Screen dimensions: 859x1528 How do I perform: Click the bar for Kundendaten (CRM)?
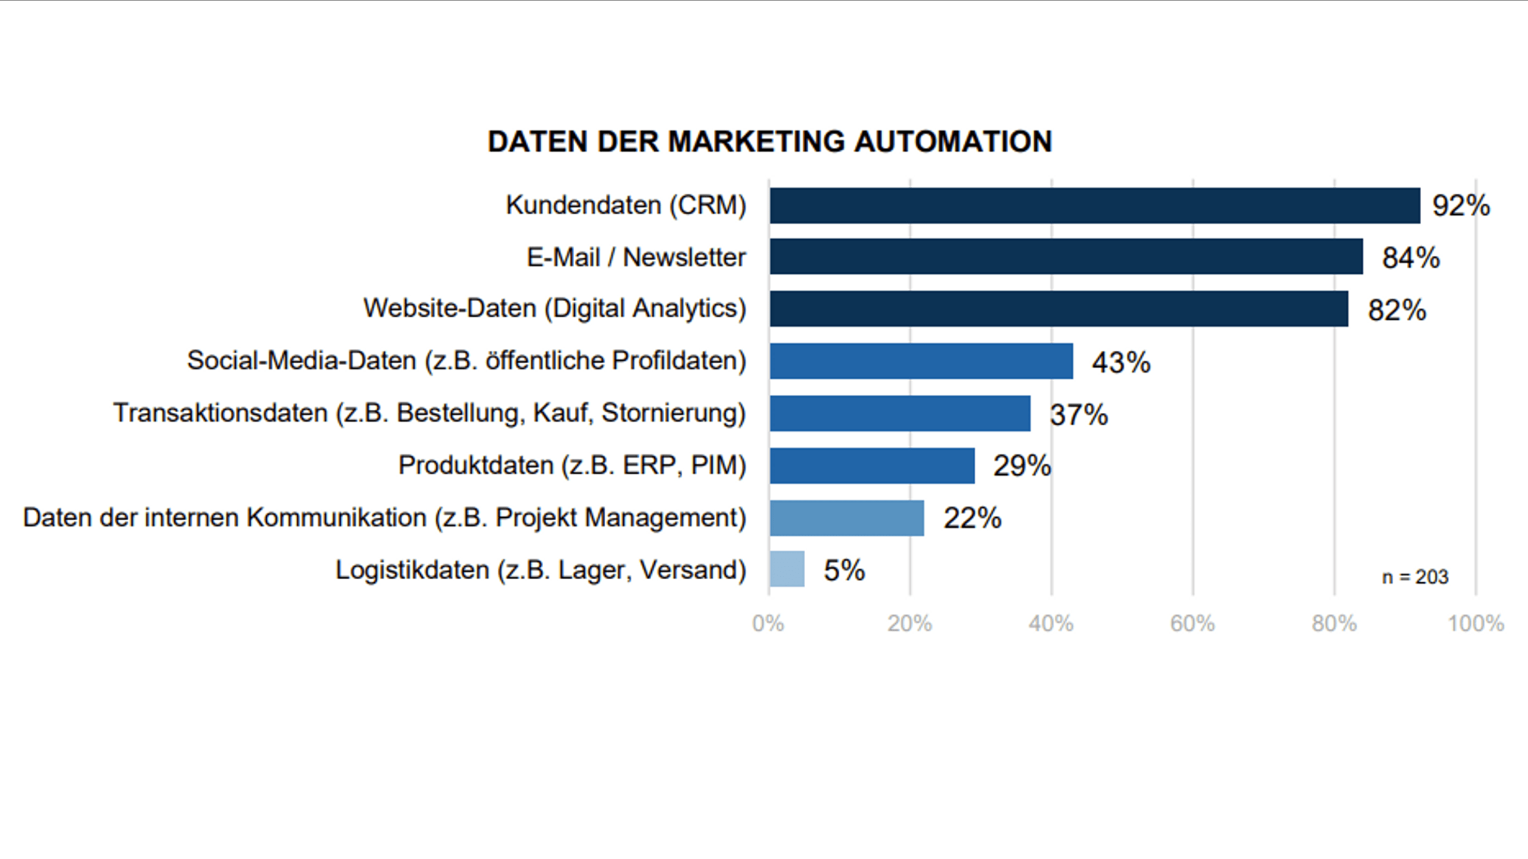click(1095, 206)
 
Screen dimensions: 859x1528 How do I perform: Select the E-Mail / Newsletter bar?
click(1066, 257)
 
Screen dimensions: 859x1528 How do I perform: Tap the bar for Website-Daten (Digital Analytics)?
click(1059, 309)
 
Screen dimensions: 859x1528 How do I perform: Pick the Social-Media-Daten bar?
click(921, 361)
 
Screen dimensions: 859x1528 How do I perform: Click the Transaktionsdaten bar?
click(899, 413)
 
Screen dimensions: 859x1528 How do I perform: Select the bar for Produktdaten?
click(872, 466)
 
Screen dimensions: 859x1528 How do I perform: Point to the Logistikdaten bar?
click(787, 569)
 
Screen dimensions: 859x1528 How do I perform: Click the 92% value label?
click(1461, 206)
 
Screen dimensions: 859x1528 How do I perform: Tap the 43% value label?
click(1121, 362)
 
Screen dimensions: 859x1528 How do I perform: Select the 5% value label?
click(844, 570)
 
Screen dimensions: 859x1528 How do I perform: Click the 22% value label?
click(972, 518)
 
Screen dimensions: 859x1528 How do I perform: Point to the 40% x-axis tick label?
click(1050, 624)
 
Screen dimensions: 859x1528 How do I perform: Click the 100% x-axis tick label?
click(1475, 624)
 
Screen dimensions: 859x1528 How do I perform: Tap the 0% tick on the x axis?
click(768, 624)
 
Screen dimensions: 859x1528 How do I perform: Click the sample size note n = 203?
click(1415, 577)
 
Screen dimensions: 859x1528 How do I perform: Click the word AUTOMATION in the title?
click(953, 142)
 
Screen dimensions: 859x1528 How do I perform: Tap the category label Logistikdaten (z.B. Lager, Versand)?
click(541, 570)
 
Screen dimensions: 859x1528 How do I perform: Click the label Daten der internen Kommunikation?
click(384, 518)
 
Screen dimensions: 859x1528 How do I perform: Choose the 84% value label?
click(1410, 258)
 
